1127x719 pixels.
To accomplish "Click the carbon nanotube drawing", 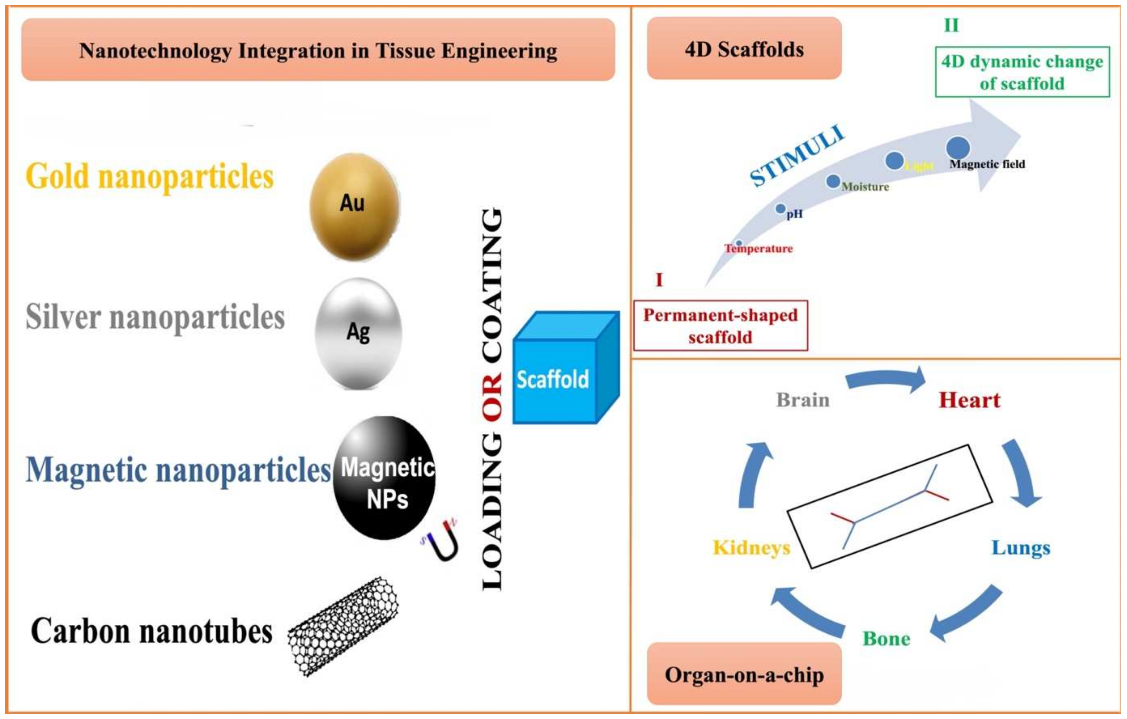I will tap(342, 627).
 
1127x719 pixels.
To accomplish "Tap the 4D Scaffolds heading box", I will tap(744, 49).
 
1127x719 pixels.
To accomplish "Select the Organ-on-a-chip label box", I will tap(744, 674).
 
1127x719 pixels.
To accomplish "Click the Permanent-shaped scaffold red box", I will tap(720, 326).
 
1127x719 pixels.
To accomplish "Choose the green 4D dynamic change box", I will tap(1022, 72).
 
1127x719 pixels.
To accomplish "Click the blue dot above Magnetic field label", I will tap(957, 147).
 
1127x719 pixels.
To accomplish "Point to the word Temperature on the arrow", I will tap(759, 249).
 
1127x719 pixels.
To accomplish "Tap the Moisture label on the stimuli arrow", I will tap(865, 187).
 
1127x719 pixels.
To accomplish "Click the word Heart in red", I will tap(969, 400).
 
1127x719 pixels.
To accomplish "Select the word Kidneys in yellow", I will tap(751, 547).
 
